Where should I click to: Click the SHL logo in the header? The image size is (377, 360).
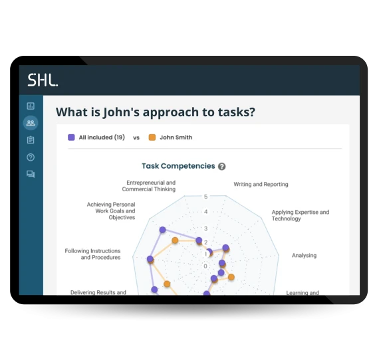coord(43,80)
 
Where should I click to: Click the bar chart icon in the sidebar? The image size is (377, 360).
coord(31,106)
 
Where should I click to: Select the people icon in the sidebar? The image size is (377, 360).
coord(31,123)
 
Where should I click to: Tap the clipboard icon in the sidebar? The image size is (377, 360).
coord(31,140)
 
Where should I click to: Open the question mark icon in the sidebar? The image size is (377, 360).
coord(31,157)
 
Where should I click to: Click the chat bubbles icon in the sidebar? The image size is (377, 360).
coord(31,175)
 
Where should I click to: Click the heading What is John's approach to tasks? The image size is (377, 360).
coord(155,112)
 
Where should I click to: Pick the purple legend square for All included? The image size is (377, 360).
coord(71,137)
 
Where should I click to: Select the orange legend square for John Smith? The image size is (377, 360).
coord(152,137)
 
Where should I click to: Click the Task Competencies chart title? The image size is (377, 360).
coord(178,166)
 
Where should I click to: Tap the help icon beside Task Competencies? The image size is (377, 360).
coord(222,167)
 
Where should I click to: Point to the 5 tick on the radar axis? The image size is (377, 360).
coord(206,197)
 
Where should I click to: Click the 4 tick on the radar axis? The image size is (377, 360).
coord(206,212)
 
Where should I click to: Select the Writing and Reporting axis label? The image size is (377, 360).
coord(261,184)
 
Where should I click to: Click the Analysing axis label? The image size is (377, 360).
coord(305,255)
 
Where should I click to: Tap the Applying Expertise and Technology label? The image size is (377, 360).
coord(300,216)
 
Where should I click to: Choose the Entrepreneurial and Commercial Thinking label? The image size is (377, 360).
coord(151,186)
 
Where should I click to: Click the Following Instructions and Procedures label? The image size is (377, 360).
coord(92,254)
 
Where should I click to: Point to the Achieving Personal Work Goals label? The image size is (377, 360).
coord(111,211)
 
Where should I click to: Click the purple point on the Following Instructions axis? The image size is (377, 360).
coord(150,259)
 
